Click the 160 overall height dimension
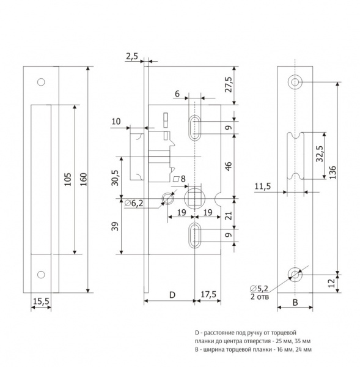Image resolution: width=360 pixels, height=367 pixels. [84, 179]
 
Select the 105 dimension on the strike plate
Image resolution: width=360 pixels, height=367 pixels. [68, 179]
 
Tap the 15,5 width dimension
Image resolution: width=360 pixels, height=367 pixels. [41, 301]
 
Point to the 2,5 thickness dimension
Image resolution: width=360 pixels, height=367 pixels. [132, 56]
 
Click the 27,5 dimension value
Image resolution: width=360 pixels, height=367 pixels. [229, 84]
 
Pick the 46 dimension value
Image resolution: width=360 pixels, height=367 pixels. [229, 166]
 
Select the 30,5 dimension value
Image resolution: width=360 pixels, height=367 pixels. [115, 178]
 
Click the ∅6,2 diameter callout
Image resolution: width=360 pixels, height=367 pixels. [134, 203]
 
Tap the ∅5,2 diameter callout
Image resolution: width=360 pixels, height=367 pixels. [259, 288]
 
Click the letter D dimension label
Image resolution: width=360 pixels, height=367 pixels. [172, 295]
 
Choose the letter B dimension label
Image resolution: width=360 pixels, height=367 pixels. [295, 302]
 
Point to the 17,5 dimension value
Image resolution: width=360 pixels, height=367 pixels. [208, 294]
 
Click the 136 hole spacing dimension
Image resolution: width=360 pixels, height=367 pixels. [332, 172]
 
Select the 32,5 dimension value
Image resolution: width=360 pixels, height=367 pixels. [319, 154]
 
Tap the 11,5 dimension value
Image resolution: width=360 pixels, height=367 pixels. [263, 187]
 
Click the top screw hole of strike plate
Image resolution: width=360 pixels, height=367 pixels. [41, 82]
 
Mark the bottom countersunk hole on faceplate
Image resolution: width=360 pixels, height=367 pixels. [295, 274]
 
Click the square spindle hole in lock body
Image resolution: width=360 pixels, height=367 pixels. [195, 198]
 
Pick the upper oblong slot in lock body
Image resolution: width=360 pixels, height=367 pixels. [194, 128]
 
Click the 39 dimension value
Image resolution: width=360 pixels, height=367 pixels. [115, 226]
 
